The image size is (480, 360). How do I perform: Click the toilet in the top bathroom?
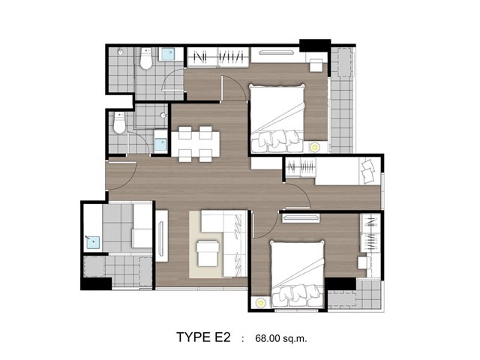pos(146,58)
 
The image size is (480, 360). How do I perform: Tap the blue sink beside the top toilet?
pos(167,54)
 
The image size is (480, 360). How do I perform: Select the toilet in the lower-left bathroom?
pos(120,122)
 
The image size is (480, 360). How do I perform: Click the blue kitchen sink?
pos(93,242)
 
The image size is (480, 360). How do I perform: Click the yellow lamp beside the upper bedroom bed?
pos(314,148)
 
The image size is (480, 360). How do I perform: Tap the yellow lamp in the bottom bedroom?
pos(260,303)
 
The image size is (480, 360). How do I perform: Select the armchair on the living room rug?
pos(208,253)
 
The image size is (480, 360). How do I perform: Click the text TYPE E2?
pos(203,337)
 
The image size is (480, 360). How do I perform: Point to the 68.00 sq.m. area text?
pos(280,338)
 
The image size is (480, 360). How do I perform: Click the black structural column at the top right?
pos(315,45)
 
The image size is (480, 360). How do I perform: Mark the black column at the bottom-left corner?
pos(96,283)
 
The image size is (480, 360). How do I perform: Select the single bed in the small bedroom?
pos(348,171)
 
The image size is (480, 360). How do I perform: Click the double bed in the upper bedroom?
pos(277,118)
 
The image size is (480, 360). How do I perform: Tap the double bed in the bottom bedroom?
pos(297,274)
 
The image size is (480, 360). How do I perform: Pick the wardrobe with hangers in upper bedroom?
pos(218,57)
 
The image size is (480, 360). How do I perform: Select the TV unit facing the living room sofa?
pos(161,235)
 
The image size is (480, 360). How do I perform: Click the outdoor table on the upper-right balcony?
pos(345,62)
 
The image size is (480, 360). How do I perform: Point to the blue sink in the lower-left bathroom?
pos(160,145)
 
